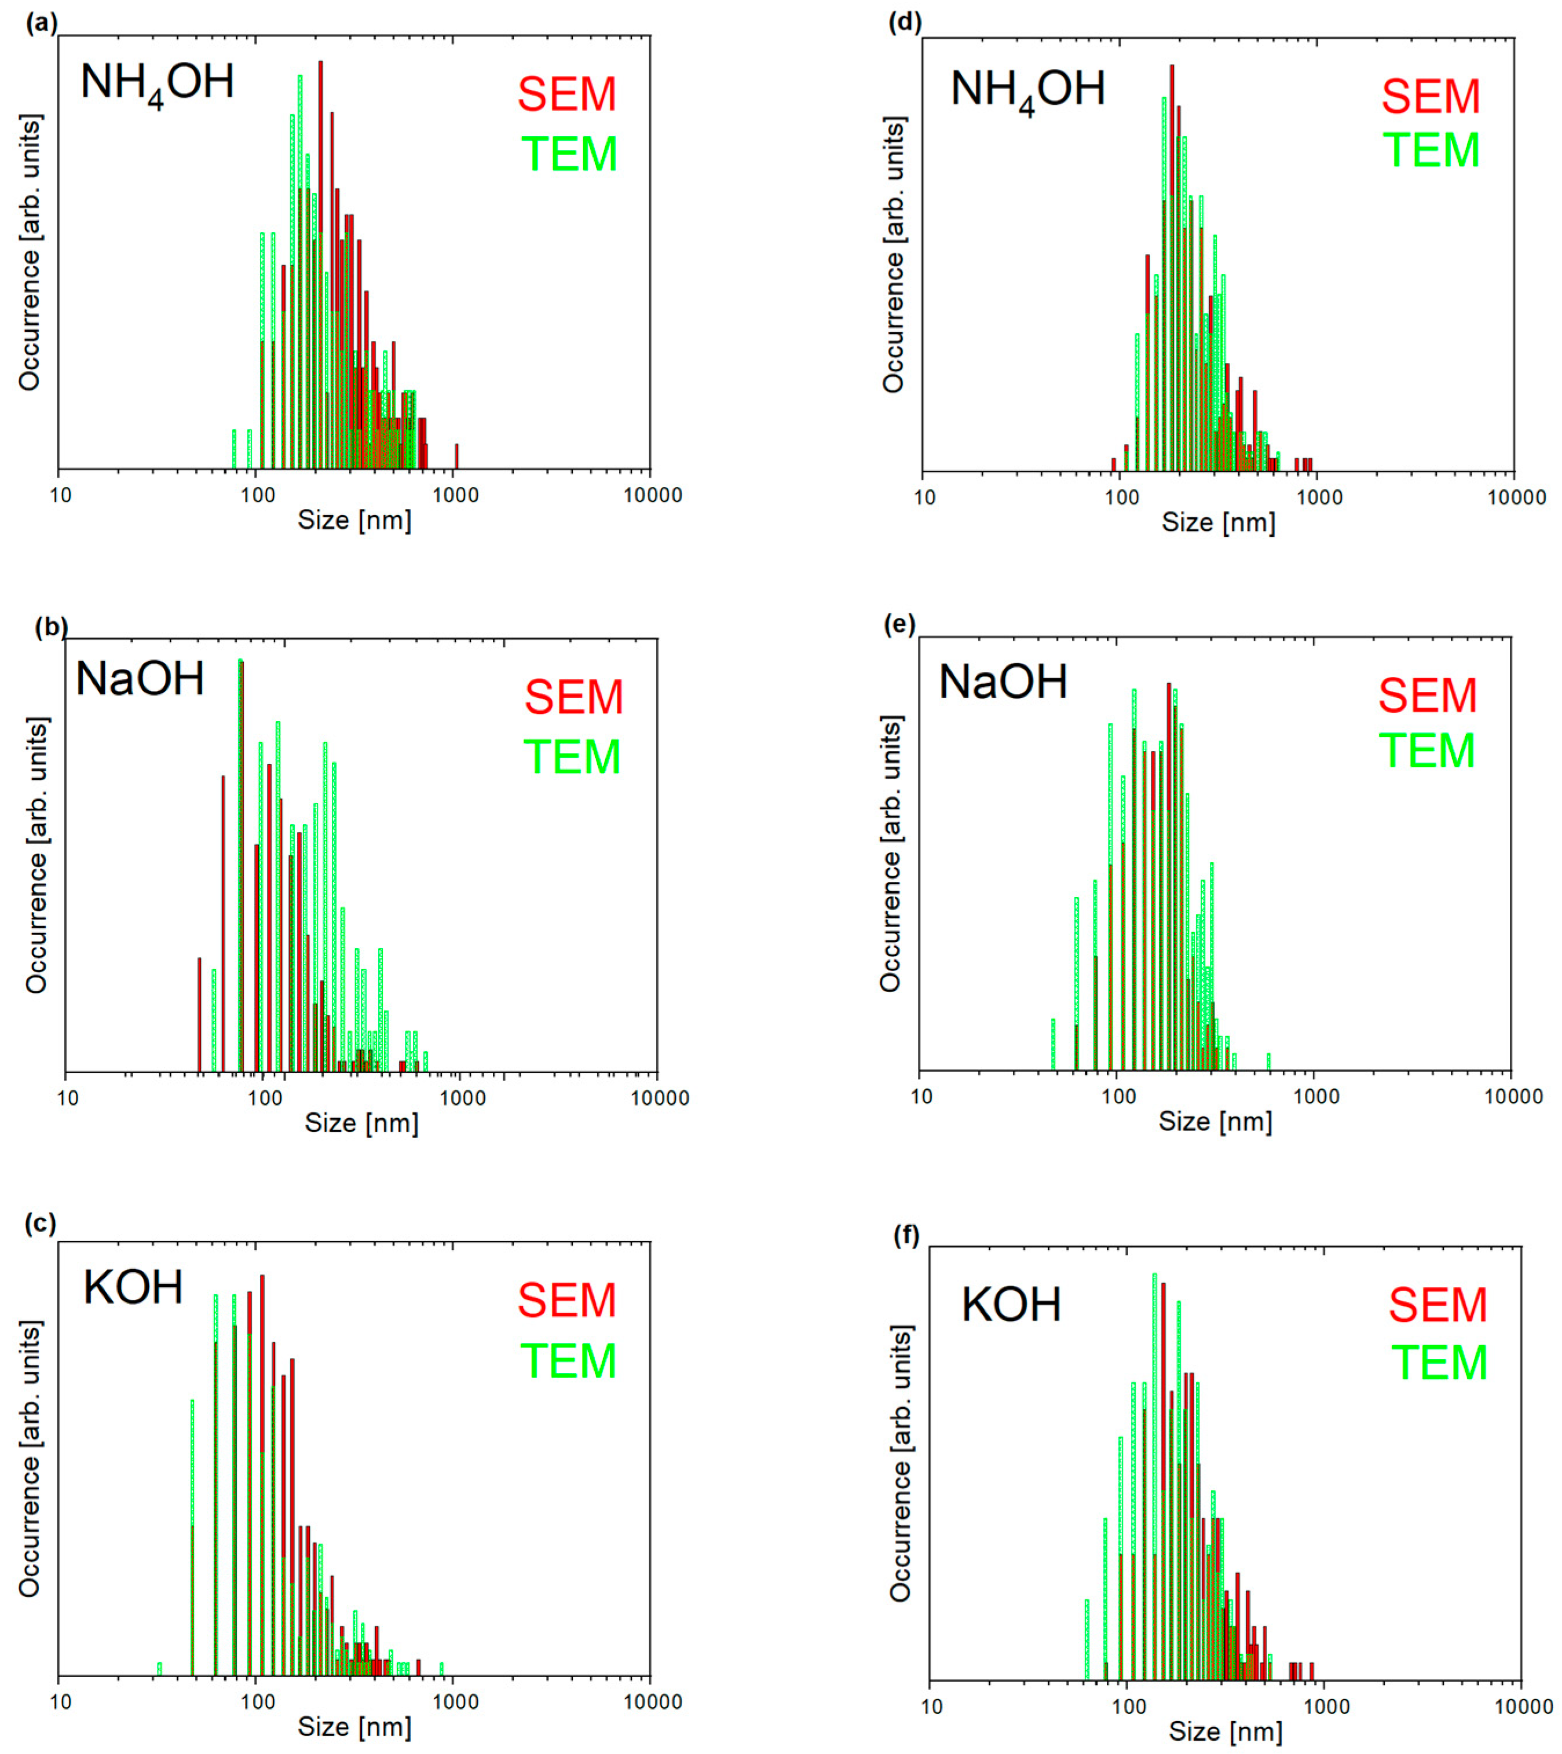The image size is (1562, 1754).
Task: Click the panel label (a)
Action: (x=41, y=23)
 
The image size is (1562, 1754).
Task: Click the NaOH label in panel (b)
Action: (x=140, y=679)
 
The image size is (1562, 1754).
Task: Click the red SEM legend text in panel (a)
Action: (x=566, y=94)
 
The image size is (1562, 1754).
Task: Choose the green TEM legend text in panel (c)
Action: (x=568, y=1361)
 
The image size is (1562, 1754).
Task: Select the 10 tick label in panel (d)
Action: (x=924, y=498)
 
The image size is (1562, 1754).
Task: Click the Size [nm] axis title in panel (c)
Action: (x=354, y=1727)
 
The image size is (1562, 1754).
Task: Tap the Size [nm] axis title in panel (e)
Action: (x=1215, y=1122)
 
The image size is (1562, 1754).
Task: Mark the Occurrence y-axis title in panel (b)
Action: (x=36, y=855)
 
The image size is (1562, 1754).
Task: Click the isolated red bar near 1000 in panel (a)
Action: (x=456, y=456)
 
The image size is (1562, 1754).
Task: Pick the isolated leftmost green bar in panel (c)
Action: (x=159, y=1668)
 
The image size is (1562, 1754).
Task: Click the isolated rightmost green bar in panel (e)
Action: (x=1268, y=1061)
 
